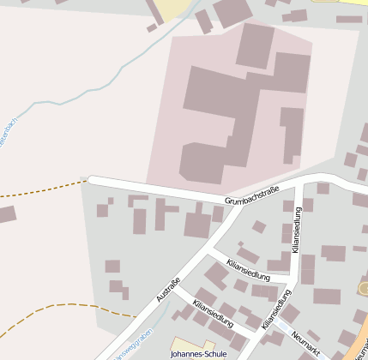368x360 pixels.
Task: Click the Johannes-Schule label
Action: (x=198, y=353)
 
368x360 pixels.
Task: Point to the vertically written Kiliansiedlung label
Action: (x=297, y=230)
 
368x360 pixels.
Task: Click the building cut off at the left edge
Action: (x=7, y=213)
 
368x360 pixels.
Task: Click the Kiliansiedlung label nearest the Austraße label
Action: (x=213, y=315)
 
